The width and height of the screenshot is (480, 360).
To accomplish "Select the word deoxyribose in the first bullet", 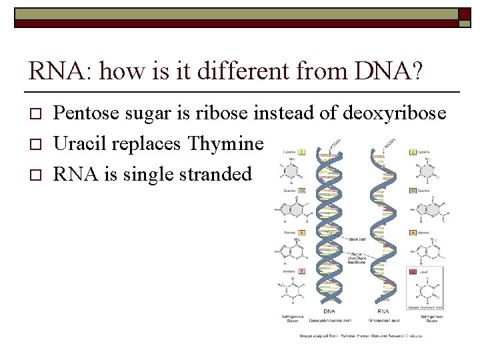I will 395,113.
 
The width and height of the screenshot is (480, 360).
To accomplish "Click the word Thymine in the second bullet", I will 226,143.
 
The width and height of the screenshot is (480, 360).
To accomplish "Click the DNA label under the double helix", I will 329,311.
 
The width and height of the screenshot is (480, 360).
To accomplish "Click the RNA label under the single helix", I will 383,311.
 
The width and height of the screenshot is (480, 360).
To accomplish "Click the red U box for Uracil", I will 414,272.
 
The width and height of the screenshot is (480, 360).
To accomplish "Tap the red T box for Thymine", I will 301,271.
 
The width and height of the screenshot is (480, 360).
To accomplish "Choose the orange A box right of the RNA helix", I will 414,233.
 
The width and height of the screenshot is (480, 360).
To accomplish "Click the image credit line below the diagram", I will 361,335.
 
